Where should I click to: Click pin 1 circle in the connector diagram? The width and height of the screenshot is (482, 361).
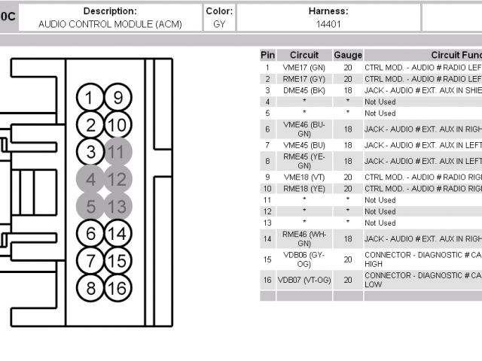pos(90,97)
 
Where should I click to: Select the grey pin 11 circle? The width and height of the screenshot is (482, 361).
pos(116,152)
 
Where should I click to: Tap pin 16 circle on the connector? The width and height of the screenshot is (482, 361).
pos(116,288)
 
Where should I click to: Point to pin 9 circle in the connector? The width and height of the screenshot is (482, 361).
pos(116,97)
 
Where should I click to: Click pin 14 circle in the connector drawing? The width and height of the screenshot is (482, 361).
pos(116,233)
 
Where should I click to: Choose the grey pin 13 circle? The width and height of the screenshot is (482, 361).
pos(116,206)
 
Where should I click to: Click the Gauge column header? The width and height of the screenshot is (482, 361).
pos(348,55)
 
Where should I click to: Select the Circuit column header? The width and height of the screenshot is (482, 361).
pos(304,55)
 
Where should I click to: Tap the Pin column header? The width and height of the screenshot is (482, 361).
pos(267,55)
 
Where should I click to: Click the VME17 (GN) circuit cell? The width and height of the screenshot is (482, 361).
pos(304,67)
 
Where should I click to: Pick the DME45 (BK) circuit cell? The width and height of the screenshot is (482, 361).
pos(304,90)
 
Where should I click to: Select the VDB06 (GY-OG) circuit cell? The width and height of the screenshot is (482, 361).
pos(304,259)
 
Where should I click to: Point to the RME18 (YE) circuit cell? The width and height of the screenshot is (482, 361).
pos(304,189)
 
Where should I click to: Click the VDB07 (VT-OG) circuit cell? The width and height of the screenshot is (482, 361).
pos(304,280)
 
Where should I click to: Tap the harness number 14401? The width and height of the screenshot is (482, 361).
pos(328,24)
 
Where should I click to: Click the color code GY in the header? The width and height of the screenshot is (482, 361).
pos(219,24)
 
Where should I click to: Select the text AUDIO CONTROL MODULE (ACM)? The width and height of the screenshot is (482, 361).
pos(110,24)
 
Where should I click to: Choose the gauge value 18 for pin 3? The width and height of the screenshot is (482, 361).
pos(348,90)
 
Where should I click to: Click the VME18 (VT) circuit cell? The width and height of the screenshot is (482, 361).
pos(304,177)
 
